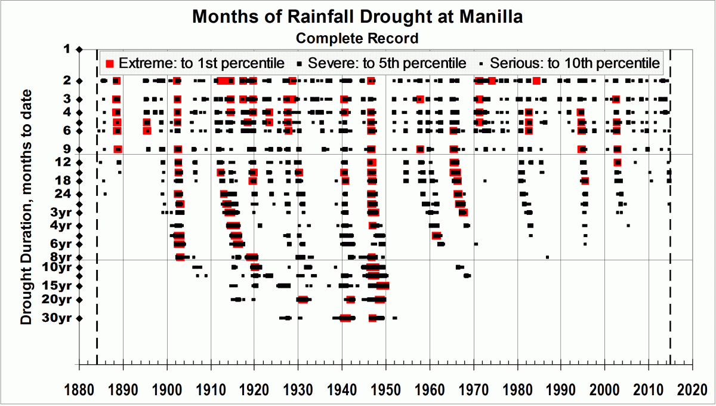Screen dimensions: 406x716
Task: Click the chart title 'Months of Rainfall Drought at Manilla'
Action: (x=357, y=17)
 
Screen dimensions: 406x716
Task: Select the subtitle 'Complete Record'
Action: (x=357, y=38)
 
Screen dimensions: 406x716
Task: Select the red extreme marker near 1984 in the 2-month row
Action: (x=536, y=81)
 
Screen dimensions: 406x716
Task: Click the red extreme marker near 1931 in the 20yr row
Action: (x=303, y=300)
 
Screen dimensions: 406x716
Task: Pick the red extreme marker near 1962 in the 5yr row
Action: (x=436, y=236)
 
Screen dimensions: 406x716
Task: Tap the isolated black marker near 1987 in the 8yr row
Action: (x=547, y=257)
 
